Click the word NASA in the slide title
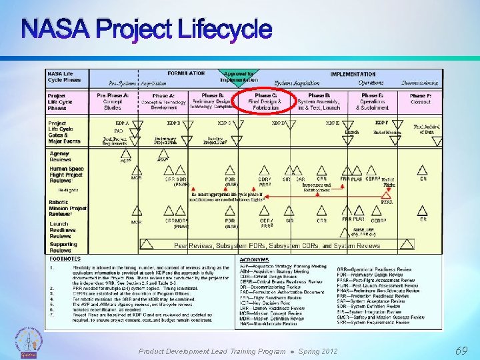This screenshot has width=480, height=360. point(55,29)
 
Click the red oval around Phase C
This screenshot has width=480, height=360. point(266,101)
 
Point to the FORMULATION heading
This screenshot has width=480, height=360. point(186,74)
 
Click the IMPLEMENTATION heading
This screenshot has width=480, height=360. point(353,74)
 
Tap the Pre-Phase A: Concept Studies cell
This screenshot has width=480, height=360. point(113,101)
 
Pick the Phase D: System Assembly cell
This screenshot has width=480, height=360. point(319,101)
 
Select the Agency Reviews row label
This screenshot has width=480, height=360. point(60,157)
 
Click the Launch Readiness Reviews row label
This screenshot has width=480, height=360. point(60,229)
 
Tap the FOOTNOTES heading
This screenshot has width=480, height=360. point(65,259)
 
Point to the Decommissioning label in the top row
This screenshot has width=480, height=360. point(419,83)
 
